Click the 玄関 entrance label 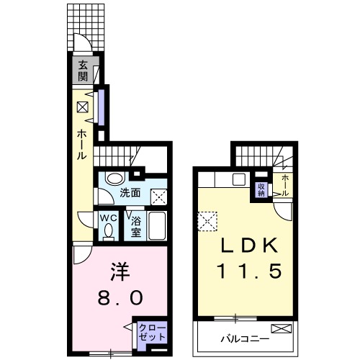click(x=83, y=71)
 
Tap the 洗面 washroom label click(x=130, y=193)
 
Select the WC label click(x=109, y=218)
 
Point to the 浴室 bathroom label click(x=136, y=227)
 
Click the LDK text click(x=249, y=246)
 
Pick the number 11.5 click(x=249, y=271)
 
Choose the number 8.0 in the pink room click(x=120, y=297)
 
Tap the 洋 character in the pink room click(x=120, y=272)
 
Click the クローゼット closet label click(x=153, y=332)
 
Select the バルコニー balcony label click(x=245, y=339)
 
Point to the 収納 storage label click(x=261, y=189)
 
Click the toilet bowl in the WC click(x=109, y=230)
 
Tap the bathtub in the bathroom click(x=157, y=225)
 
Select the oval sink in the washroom click(x=115, y=178)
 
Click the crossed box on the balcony click(x=282, y=328)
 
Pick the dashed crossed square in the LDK click(x=207, y=221)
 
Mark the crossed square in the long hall click(x=83, y=107)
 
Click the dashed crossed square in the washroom click(x=159, y=197)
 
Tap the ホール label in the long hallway click(x=81, y=145)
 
